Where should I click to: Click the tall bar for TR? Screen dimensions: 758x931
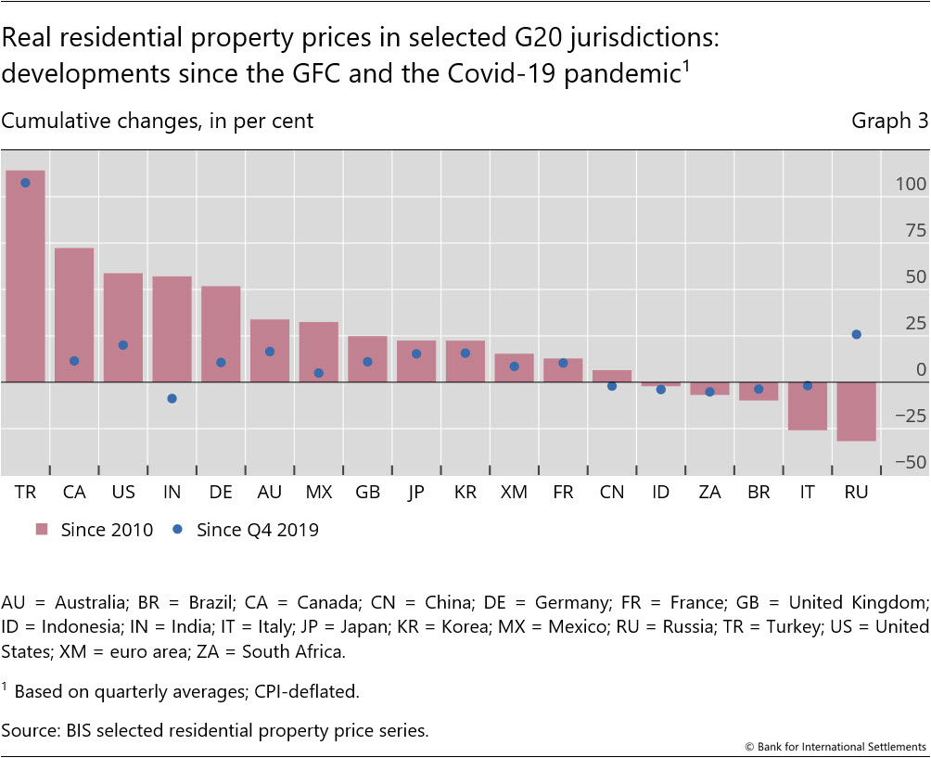25,278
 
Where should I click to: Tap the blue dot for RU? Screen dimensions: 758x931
856,334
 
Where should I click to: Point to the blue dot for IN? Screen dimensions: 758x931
172,398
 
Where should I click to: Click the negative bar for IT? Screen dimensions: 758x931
807,406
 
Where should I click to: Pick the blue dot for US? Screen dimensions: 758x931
122,345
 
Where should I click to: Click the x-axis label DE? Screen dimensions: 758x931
220,493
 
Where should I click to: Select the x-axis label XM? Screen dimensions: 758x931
514,493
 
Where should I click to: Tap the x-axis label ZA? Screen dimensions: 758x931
709,493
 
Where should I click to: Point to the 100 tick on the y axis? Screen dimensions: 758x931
911,185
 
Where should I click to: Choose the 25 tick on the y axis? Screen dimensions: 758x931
914,324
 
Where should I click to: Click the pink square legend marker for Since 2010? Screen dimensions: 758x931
42,530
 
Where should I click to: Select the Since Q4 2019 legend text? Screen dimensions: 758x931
258,530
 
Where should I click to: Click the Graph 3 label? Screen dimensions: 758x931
889,122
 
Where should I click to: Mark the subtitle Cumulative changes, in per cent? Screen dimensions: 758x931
158,122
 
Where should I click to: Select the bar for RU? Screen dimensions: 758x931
856,411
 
